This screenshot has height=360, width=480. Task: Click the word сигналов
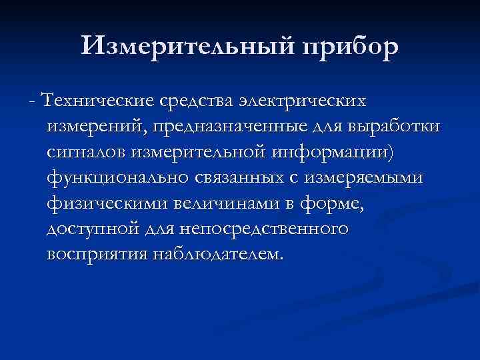[x=86, y=153]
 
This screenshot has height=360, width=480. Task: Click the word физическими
[x=97, y=204]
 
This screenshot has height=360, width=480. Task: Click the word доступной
[x=89, y=229]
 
